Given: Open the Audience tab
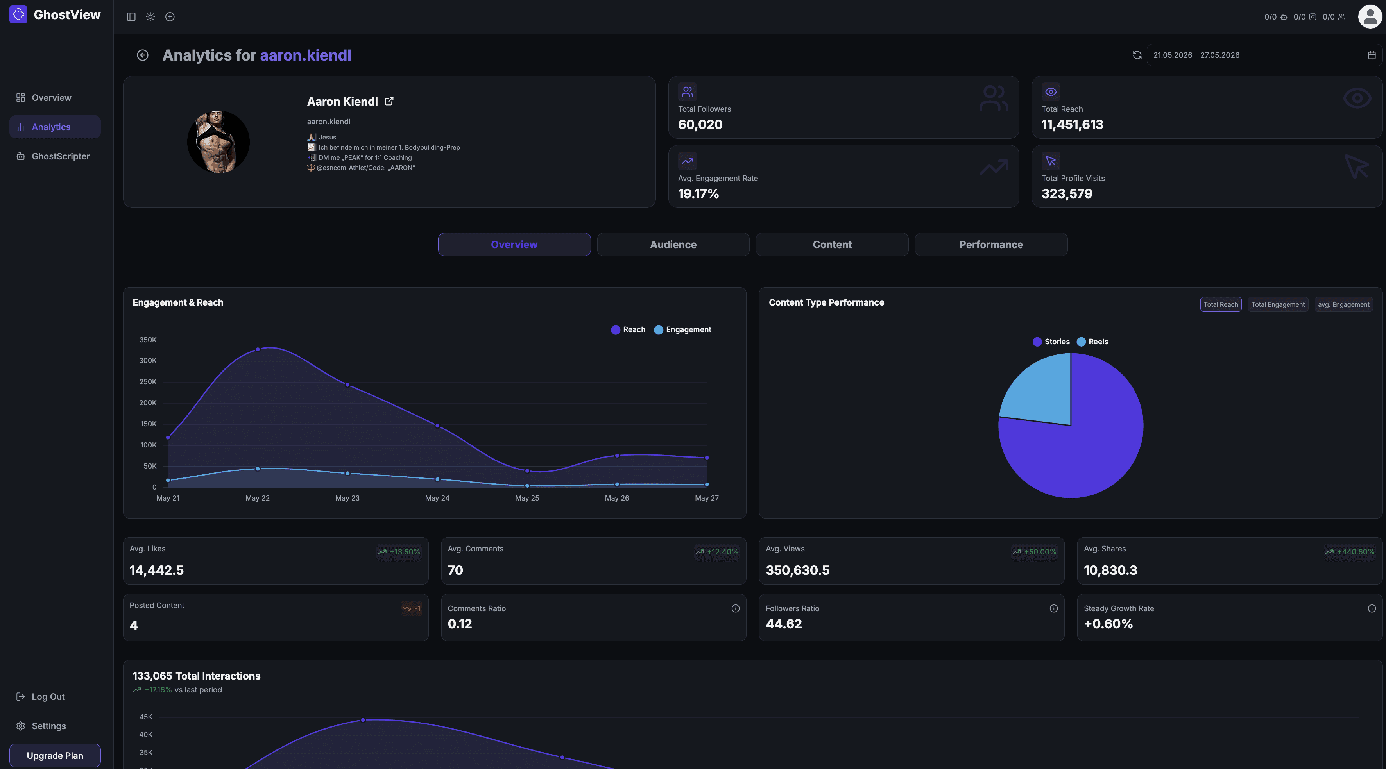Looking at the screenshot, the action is pyautogui.click(x=673, y=244).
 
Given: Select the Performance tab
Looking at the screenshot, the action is pyautogui.click(x=991, y=244).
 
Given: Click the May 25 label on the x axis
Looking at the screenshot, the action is pyautogui.click(x=527, y=498).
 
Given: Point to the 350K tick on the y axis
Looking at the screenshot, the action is pyautogui.click(x=148, y=340).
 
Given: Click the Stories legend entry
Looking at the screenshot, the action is pyautogui.click(x=1051, y=342).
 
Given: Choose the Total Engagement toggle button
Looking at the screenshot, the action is pyautogui.click(x=1278, y=304).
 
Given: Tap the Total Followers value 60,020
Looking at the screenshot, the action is pyautogui.click(x=700, y=124).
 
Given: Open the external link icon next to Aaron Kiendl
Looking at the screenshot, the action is pyautogui.click(x=389, y=101).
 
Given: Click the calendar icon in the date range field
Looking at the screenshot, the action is pyautogui.click(x=1372, y=55).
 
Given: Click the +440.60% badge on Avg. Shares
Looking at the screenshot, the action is pyautogui.click(x=1350, y=552).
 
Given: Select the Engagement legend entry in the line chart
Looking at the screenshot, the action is pyautogui.click(x=683, y=330).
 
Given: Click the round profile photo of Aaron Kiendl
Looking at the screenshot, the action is pyautogui.click(x=218, y=142).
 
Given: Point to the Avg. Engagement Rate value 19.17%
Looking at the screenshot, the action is pyautogui.click(x=698, y=193).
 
